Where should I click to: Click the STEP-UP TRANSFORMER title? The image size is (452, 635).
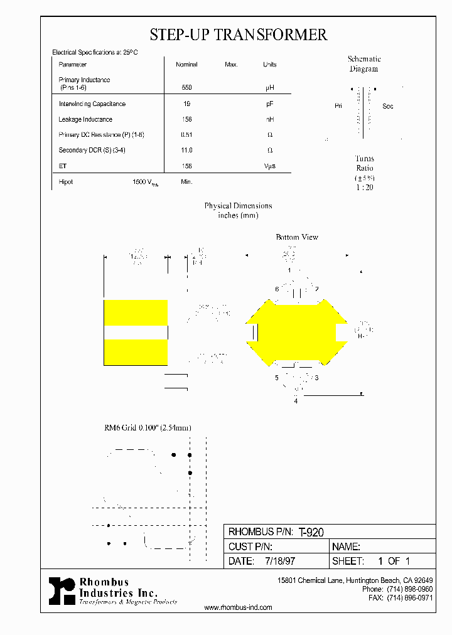tap(238, 35)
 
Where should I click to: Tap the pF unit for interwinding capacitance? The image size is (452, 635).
tap(269, 104)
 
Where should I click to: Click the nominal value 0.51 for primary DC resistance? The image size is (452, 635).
tap(186, 135)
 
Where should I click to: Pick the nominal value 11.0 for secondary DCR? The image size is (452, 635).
tap(186, 151)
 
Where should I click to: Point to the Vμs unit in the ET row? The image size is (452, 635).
tap(269, 166)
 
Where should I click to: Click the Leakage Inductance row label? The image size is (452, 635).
tap(85, 119)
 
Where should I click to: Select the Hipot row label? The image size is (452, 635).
tap(66, 182)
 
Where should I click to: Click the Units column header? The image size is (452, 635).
tap(269, 65)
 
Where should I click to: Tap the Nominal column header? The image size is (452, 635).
tap(186, 65)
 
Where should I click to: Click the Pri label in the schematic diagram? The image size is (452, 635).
tap(338, 106)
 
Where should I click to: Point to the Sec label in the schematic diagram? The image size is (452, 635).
tap(388, 106)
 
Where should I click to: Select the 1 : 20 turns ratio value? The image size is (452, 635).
tap(364, 187)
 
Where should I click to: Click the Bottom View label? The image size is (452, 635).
tap(297, 237)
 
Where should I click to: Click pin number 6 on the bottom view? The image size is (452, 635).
tap(276, 289)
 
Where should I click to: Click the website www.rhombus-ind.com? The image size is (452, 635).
tap(239, 607)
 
